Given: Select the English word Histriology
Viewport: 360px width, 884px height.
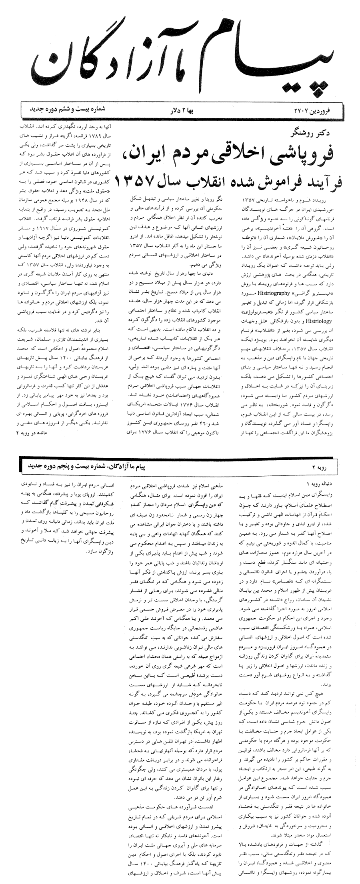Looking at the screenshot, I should [x=254, y=321].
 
